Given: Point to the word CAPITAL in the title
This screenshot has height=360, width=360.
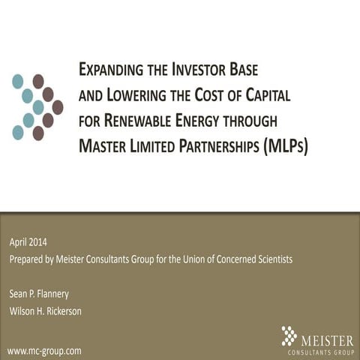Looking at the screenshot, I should click(x=263, y=96).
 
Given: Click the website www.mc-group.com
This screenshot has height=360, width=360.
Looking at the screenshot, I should click(x=44, y=350).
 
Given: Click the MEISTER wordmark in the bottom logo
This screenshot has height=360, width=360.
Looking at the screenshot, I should click(x=327, y=341).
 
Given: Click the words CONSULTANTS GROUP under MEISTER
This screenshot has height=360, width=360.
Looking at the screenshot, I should click(x=321, y=352).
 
